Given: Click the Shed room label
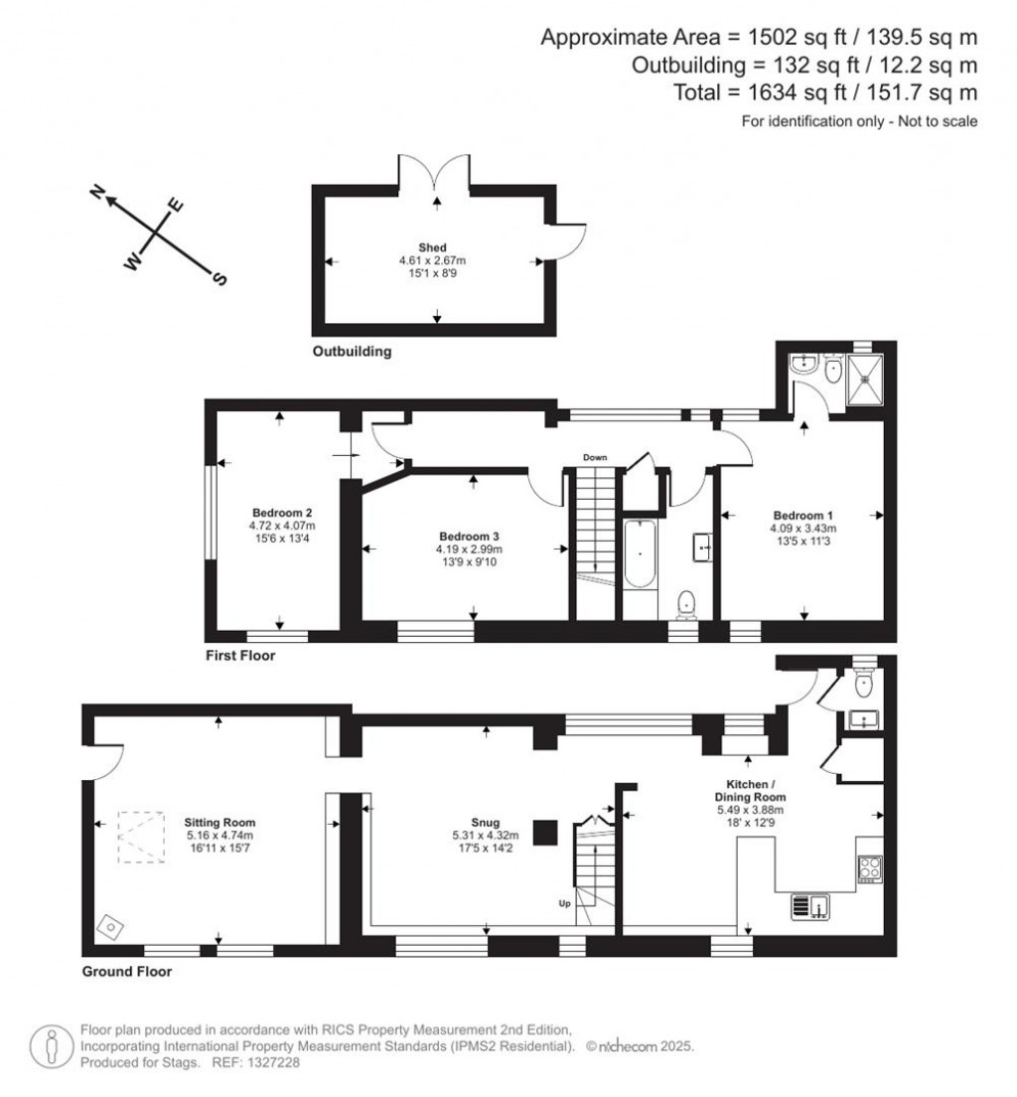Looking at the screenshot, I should tap(432, 247).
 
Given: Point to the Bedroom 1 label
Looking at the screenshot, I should tap(802, 516).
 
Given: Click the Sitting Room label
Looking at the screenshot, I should tap(219, 823).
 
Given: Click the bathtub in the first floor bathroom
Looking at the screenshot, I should tap(639, 553).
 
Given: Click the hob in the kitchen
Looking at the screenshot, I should tap(869, 866).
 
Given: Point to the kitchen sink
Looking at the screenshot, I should tap(809, 905).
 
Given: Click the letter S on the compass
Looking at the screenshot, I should tap(219, 279).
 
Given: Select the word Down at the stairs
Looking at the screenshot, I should tap(595, 457).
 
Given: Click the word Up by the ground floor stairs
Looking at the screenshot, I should tap(563, 904).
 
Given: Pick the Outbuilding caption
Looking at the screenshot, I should tap(352, 352).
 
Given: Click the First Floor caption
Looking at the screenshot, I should tap(240, 656).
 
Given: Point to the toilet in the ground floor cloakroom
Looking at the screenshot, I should tap(863, 682).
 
